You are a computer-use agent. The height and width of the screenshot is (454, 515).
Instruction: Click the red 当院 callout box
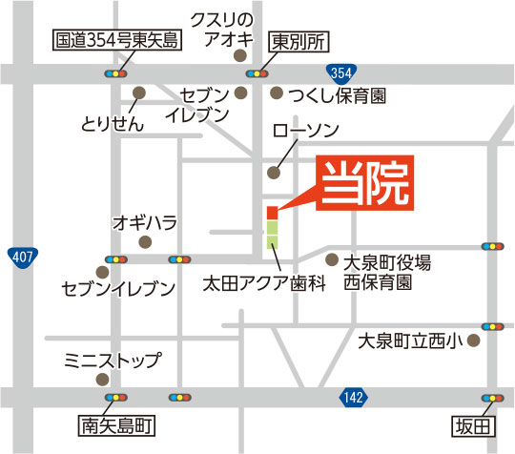[x=366, y=182]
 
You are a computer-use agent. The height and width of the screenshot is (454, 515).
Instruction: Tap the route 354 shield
[x=343, y=72]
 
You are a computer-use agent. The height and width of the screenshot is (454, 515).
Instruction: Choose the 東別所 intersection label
[x=295, y=42]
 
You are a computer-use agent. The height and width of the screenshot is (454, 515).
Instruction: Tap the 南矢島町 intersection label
[x=117, y=423]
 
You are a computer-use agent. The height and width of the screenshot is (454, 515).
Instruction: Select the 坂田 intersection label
[x=473, y=423]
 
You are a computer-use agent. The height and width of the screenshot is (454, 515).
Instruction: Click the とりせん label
[x=113, y=124]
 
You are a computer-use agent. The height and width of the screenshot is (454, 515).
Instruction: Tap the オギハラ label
[x=145, y=222]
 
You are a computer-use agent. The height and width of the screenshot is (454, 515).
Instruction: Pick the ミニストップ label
[x=113, y=361]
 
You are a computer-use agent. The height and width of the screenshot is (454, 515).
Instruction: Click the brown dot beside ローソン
[x=274, y=173]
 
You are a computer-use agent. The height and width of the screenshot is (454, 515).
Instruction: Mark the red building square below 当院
[x=272, y=212]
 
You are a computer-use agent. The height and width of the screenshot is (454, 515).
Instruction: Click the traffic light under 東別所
[x=256, y=72]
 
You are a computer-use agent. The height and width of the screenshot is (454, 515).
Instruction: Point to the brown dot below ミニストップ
[x=102, y=379]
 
